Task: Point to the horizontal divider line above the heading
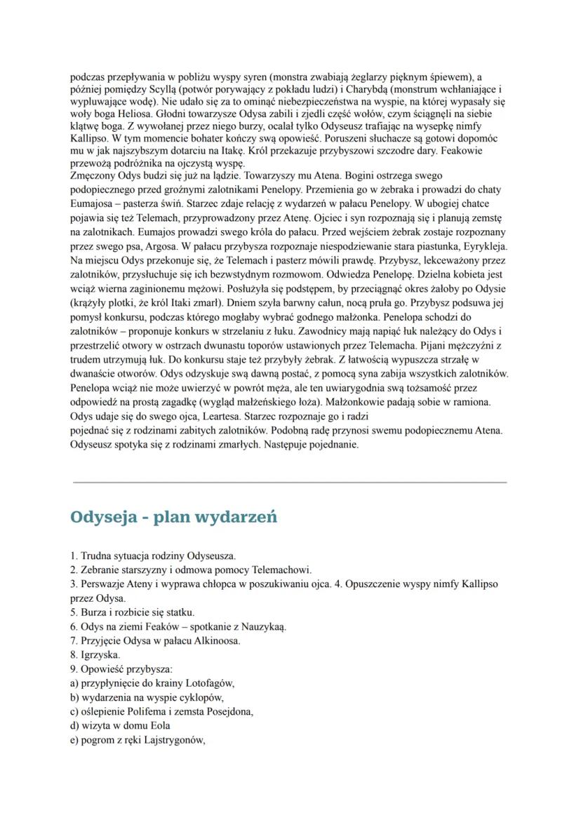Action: pos(290,483)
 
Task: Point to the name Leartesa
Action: pos(213,415)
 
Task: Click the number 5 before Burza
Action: pos(73,612)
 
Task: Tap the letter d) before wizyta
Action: pos(74,725)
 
